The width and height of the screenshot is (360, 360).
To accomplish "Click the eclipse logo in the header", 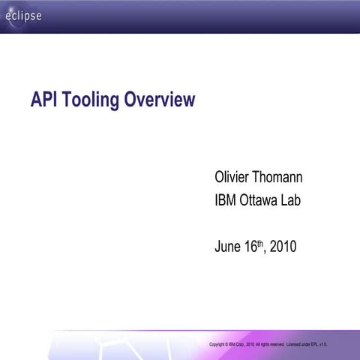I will pos(24,16).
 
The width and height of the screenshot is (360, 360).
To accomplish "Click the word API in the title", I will pos(43,100).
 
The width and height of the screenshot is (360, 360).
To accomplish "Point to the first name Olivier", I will pos(234,178).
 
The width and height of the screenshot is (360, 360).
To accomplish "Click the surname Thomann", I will pos(284,178).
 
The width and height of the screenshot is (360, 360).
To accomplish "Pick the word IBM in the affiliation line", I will pos(227,201).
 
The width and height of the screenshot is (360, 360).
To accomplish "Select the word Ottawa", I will pos(263,201).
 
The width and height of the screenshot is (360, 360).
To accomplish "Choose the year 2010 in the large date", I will pos(283,246).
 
